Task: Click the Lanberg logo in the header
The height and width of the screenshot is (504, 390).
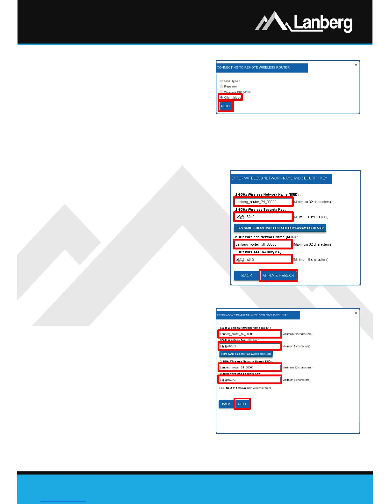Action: (x=304, y=22)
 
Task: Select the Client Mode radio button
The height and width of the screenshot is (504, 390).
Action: (x=221, y=97)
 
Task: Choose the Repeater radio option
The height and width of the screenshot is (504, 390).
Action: (x=221, y=86)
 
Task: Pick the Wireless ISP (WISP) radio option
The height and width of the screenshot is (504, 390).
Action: (x=221, y=92)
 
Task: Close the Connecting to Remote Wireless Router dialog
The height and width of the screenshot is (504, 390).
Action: (x=356, y=65)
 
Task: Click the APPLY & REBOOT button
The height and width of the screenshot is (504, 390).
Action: (x=278, y=276)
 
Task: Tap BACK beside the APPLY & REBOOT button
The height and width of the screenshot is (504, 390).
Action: (x=246, y=276)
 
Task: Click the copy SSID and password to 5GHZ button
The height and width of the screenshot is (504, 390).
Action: (x=280, y=228)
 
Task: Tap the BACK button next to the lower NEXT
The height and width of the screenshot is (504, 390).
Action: (x=226, y=404)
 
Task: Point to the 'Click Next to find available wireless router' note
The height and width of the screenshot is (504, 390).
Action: (x=245, y=388)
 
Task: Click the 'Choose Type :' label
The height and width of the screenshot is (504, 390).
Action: (x=229, y=81)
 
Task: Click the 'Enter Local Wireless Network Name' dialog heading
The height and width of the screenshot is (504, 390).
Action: (x=252, y=315)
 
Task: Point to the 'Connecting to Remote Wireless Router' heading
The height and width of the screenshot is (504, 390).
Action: (x=253, y=67)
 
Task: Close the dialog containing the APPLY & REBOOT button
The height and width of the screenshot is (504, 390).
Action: (x=357, y=176)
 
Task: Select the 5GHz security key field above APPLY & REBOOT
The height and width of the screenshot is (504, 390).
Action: (x=263, y=259)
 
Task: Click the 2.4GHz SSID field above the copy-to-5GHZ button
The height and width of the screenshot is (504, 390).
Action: (x=263, y=202)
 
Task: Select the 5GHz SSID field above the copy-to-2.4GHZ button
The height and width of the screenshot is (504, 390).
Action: (x=250, y=334)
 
